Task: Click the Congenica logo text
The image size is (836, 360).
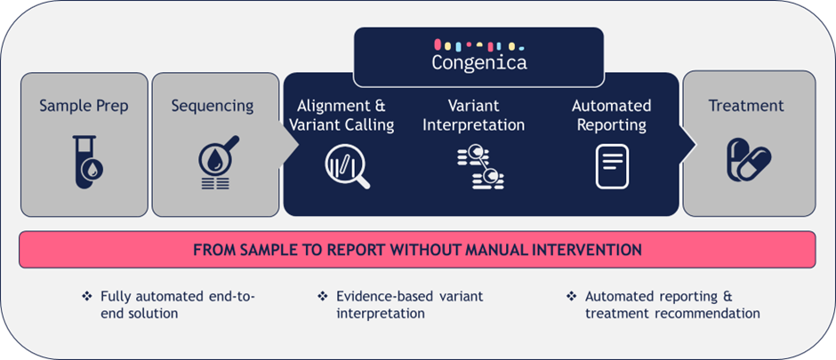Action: [x=479, y=62]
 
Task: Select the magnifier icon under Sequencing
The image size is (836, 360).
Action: [x=216, y=163]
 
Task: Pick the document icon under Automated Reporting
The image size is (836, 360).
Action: [x=612, y=167]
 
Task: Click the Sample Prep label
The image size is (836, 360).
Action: [x=84, y=106]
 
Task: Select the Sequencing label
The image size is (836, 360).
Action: [x=213, y=107]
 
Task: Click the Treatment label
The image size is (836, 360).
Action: [x=746, y=106]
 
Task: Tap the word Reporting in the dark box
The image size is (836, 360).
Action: [x=612, y=125]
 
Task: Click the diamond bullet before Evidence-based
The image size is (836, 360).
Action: [x=322, y=296]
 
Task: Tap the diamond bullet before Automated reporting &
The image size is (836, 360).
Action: [x=571, y=296]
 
